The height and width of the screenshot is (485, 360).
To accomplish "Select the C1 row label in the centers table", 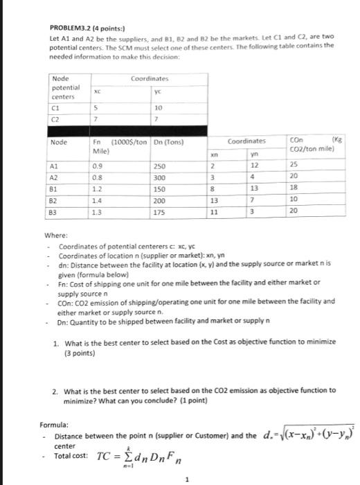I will pos(56,108).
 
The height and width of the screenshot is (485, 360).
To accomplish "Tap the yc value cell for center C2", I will pos(157,119).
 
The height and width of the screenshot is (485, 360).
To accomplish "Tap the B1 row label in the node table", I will pos(55,186).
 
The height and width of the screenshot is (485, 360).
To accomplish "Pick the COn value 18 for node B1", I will pos(294,188).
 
